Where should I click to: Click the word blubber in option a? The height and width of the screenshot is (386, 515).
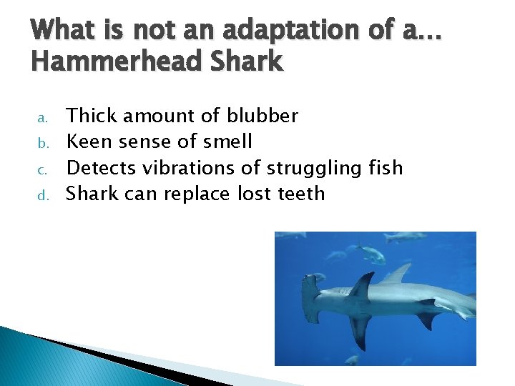(x=263, y=116)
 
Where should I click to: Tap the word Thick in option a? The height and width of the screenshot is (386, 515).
(x=91, y=116)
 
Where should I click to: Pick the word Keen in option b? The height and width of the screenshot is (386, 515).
(x=89, y=142)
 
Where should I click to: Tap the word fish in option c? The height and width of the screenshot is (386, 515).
(x=386, y=168)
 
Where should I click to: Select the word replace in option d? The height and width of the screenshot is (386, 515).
(x=208, y=194)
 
